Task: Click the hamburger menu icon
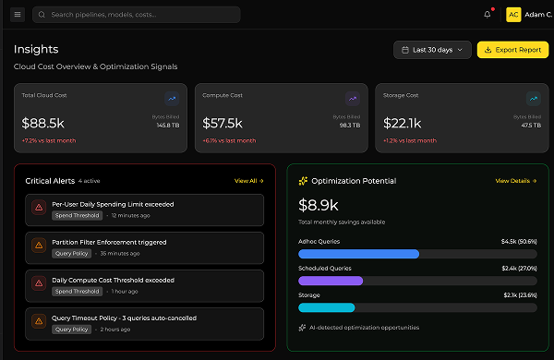pos(18,15)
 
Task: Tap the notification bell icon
pos(488,15)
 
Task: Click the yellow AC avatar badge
pos(513,15)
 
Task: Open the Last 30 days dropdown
pos(432,50)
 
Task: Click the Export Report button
pos(512,50)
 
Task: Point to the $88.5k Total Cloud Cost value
pos(42,122)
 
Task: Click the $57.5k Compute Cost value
pos(223,122)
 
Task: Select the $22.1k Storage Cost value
pos(402,122)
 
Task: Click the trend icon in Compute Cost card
pos(352,98)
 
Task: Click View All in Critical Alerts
pos(247,181)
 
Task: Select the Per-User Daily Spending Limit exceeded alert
pos(113,204)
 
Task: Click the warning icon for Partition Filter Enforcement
pos(39,246)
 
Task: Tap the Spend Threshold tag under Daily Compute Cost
pos(77,291)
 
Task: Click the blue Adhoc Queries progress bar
pos(359,254)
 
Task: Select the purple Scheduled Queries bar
pos(331,281)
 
